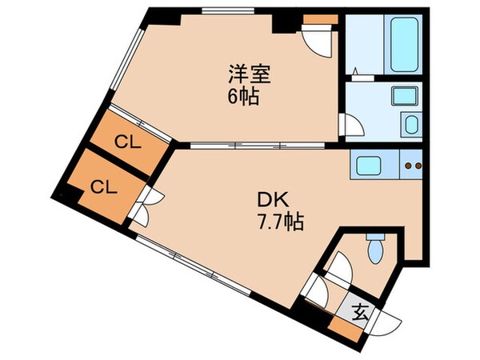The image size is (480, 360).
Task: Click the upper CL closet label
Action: click(x=123, y=143)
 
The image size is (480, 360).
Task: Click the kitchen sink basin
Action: click(x=371, y=166)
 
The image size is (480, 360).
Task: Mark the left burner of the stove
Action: click(x=408, y=166)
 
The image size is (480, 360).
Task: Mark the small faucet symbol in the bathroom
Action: click(x=359, y=77)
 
